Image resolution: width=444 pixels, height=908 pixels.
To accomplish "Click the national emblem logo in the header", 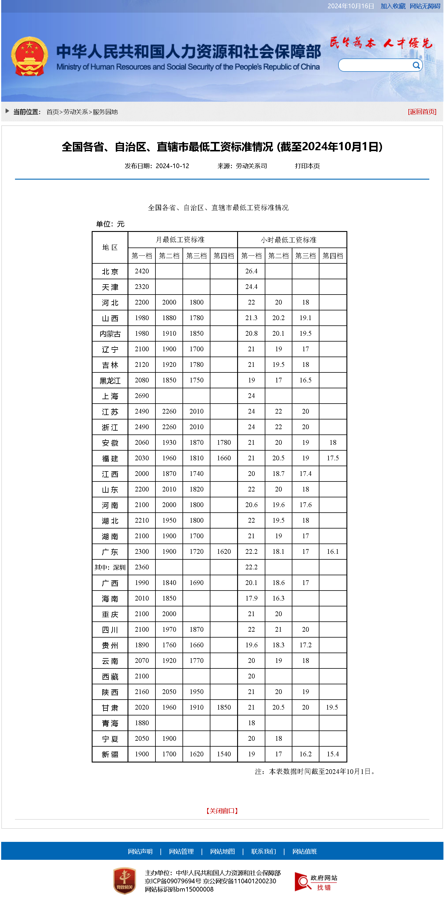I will [29, 56].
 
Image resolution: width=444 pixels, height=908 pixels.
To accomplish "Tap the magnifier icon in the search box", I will [416, 65].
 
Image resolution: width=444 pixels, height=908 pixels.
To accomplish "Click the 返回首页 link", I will [422, 112].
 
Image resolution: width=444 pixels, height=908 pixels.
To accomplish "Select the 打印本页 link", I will [307, 166].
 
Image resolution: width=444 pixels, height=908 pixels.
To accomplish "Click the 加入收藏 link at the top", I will [393, 6].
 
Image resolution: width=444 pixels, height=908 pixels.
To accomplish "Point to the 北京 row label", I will [110, 271].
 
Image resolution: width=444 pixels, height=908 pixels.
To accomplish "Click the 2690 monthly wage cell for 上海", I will [142, 396].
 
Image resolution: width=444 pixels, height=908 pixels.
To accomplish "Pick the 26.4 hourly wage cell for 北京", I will [251, 271].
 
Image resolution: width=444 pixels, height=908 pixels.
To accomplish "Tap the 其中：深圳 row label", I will [110, 567].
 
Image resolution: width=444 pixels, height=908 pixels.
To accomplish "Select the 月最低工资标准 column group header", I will [180, 240].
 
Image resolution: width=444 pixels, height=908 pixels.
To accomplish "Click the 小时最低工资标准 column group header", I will [288, 240].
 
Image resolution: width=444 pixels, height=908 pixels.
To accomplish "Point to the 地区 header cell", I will [110, 248].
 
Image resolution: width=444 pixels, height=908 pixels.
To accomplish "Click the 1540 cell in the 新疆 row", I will [224, 754].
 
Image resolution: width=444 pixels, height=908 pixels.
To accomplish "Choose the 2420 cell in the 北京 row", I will [142, 271].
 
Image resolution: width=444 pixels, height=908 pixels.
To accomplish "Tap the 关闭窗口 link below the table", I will [222, 811].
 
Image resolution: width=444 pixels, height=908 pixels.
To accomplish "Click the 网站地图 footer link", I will [222, 851].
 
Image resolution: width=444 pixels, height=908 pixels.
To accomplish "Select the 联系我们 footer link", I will [263, 851].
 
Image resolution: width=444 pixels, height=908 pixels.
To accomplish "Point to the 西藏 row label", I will [110, 676].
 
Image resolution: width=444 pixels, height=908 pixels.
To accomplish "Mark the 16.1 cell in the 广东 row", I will [332, 552].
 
